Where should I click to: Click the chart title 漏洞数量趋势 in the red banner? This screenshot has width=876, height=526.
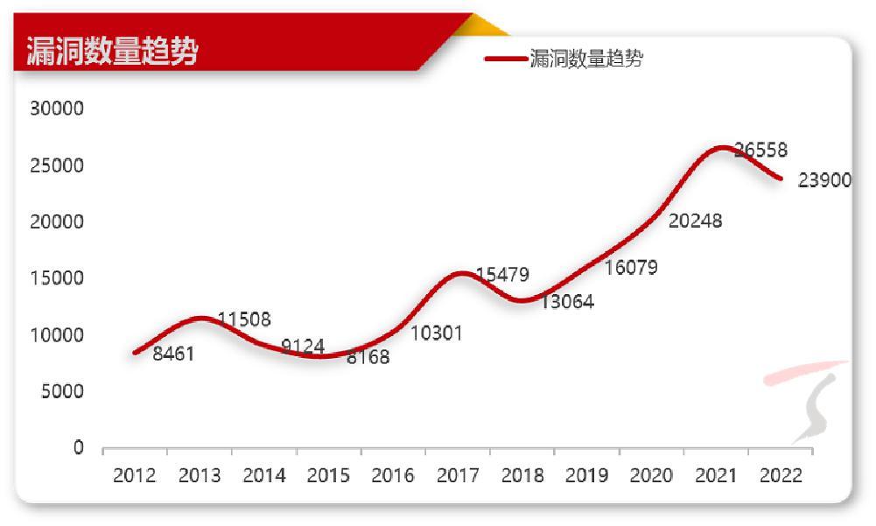112,51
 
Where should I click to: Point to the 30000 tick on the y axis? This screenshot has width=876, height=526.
55,109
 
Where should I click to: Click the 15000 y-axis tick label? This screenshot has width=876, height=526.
55,278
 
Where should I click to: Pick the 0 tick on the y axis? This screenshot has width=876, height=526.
78,447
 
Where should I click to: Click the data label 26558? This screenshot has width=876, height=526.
760,151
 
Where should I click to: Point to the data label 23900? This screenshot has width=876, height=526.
824,180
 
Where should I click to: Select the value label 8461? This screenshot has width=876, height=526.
173,354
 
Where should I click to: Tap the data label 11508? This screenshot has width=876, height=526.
244,319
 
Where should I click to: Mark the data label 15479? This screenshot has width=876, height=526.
502,275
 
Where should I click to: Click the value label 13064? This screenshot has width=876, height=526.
567,303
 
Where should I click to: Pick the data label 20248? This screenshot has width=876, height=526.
695,221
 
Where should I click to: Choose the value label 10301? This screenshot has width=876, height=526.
437,333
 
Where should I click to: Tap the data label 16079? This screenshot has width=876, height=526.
631,268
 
